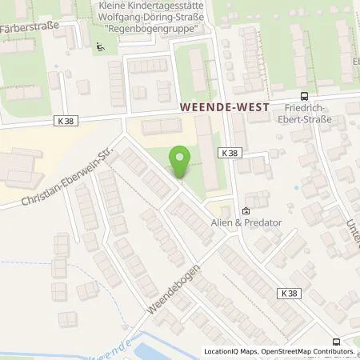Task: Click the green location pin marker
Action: pos(180,163)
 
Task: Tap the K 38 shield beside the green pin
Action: pos(229,152)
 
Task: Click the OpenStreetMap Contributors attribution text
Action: pos(310,351)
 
